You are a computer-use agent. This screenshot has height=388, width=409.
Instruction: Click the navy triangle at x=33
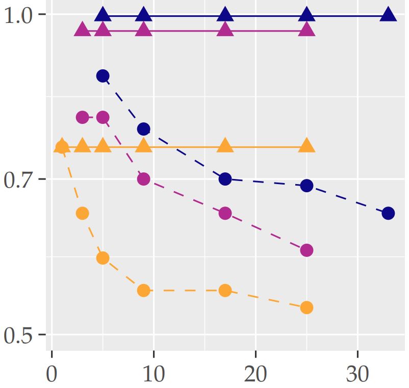click(388, 14)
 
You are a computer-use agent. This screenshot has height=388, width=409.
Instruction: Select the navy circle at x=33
click(388, 213)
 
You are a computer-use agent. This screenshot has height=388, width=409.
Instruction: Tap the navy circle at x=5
click(103, 76)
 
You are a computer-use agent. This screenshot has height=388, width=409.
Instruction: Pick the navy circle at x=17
click(225, 179)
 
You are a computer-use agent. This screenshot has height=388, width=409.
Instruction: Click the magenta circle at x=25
click(306, 250)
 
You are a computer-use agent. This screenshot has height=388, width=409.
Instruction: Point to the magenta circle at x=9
click(143, 179)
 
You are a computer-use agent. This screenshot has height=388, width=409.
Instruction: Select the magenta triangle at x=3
click(82, 30)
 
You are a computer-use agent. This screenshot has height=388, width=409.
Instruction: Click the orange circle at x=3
click(82, 213)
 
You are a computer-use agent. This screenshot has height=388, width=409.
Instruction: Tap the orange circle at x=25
click(306, 307)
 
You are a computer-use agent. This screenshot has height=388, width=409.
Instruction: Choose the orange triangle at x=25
click(306, 146)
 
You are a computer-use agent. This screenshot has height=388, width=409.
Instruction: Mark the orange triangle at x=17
click(225, 146)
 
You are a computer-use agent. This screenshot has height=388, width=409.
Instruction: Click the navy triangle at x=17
click(225, 14)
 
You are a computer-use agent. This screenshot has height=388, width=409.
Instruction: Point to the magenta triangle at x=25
click(306, 30)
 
